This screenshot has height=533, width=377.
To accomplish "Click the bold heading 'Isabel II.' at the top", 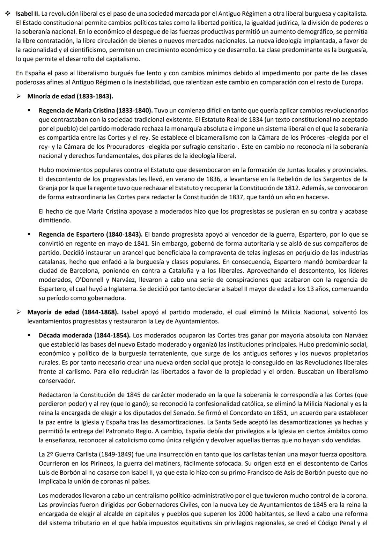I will click(28, 14).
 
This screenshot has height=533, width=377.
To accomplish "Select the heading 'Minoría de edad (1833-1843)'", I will click(70, 96).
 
